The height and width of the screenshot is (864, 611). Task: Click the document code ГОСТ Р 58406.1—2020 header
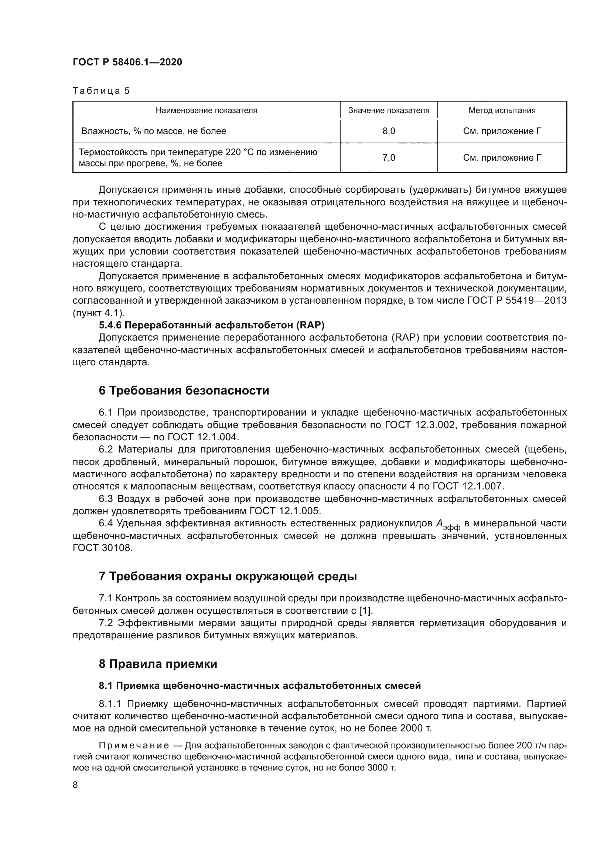coord(127,62)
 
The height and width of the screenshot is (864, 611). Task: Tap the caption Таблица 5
coord(101,91)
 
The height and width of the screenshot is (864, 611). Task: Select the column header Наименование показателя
coord(206,110)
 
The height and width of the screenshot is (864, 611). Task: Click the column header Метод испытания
coord(502,110)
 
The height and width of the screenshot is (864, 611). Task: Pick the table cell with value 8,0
coord(389,132)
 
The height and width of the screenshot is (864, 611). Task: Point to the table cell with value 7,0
coord(389,158)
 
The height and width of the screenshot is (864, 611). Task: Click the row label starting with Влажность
coord(154,132)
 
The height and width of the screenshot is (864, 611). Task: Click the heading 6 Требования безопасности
coord(184,390)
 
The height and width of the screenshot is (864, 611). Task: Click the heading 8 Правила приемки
coord(158,664)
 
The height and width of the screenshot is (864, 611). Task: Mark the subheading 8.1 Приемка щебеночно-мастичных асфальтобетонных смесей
coord(260,686)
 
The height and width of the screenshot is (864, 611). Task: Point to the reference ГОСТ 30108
coord(103,548)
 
